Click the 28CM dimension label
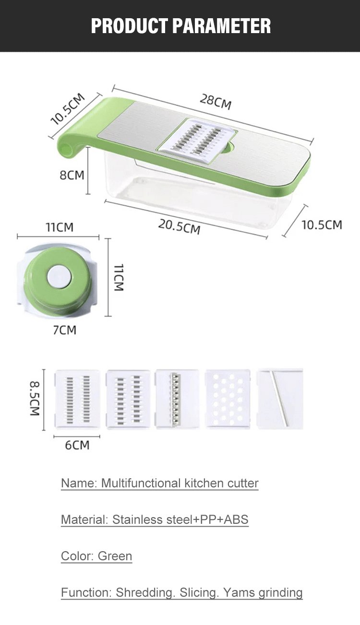216,102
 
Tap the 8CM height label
72,175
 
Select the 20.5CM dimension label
180,226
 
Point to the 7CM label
64,330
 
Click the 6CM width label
77,445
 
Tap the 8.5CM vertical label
35,399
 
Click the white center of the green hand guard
60,277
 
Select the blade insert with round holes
228,399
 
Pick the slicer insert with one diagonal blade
280,399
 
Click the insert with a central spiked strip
177,399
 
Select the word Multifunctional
141,483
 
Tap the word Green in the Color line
115,556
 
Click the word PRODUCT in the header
130,26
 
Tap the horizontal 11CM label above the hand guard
60,227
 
